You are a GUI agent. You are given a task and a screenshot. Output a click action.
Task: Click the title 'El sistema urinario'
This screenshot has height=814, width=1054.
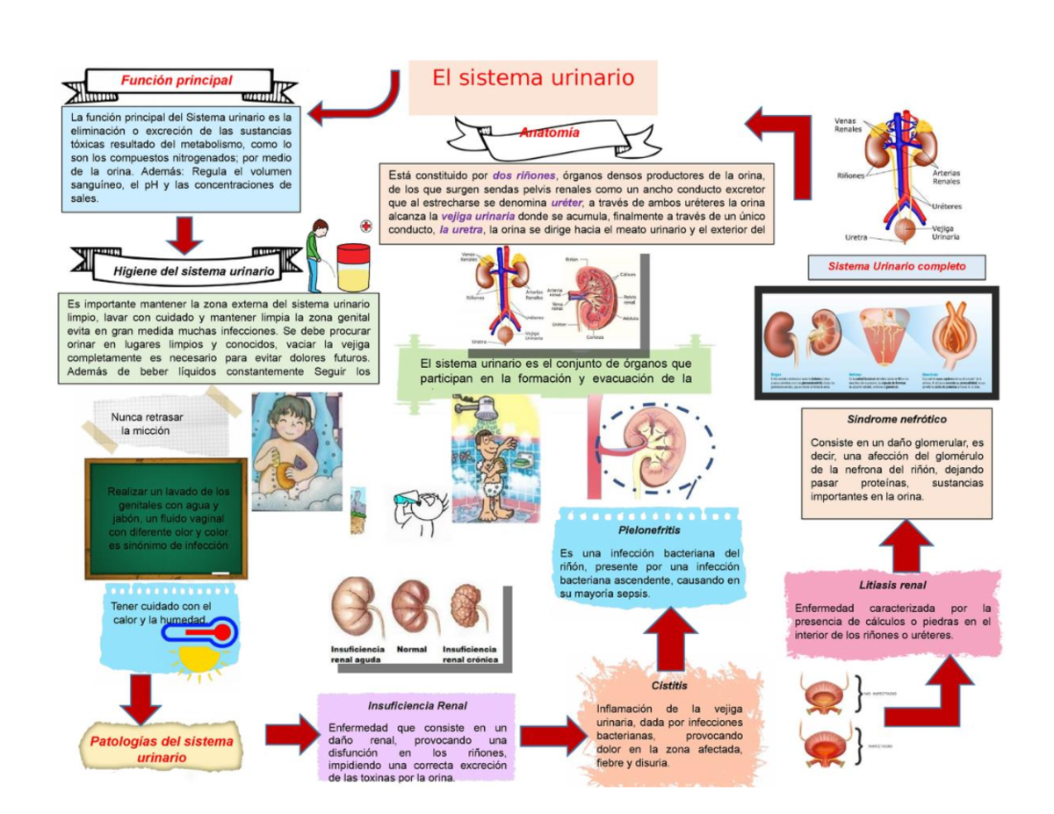point(533,78)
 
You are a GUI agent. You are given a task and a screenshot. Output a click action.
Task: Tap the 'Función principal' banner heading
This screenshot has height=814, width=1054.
point(177,81)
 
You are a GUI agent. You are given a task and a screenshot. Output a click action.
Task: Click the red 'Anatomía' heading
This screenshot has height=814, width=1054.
point(549,133)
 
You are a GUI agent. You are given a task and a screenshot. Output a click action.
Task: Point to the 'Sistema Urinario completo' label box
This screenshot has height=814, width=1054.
point(897,265)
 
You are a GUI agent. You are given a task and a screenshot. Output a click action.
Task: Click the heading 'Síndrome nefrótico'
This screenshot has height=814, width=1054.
point(896,419)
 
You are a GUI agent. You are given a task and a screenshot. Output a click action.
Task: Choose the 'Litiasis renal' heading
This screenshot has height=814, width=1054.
point(893,584)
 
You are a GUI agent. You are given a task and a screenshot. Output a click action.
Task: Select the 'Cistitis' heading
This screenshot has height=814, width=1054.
point(669,685)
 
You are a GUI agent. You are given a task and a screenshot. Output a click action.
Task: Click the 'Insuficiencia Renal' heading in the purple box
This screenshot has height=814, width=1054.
point(417,705)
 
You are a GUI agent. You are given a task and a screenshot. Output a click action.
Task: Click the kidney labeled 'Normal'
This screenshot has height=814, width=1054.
point(412,605)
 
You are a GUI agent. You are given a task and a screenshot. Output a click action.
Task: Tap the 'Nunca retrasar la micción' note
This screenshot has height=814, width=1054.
point(146,424)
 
